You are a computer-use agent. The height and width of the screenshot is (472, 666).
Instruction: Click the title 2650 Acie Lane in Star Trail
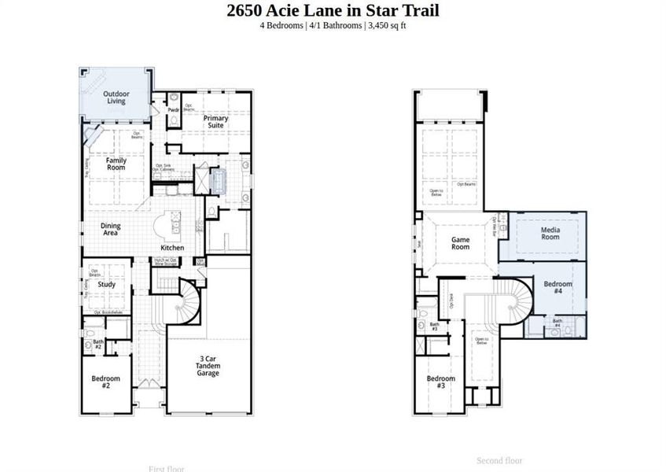(x=333, y=10)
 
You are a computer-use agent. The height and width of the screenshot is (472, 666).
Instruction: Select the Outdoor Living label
(x=116, y=98)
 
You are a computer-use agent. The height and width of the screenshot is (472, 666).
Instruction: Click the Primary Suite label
(x=216, y=122)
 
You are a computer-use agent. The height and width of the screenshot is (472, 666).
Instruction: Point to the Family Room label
(x=116, y=164)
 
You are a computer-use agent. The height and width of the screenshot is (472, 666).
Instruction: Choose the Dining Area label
(x=111, y=229)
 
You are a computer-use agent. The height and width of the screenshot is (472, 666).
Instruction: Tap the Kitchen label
(x=173, y=248)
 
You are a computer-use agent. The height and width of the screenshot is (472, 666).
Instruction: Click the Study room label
(x=107, y=284)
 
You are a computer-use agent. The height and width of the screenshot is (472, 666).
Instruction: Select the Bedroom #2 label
(x=105, y=382)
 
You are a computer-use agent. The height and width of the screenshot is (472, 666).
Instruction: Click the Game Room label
(x=460, y=242)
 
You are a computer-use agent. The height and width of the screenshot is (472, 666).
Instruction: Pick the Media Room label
(x=550, y=233)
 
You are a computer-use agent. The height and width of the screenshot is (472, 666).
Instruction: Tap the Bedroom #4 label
(x=557, y=287)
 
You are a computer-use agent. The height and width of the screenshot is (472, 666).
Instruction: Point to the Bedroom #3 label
(x=440, y=382)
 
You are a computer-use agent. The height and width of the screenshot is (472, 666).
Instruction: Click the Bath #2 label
(x=98, y=344)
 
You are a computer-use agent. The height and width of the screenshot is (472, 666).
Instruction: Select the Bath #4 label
(x=557, y=323)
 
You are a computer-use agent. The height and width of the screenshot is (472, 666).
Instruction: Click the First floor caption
(x=166, y=469)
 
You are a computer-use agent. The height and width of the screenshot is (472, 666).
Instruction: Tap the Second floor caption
(x=499, y=460)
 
